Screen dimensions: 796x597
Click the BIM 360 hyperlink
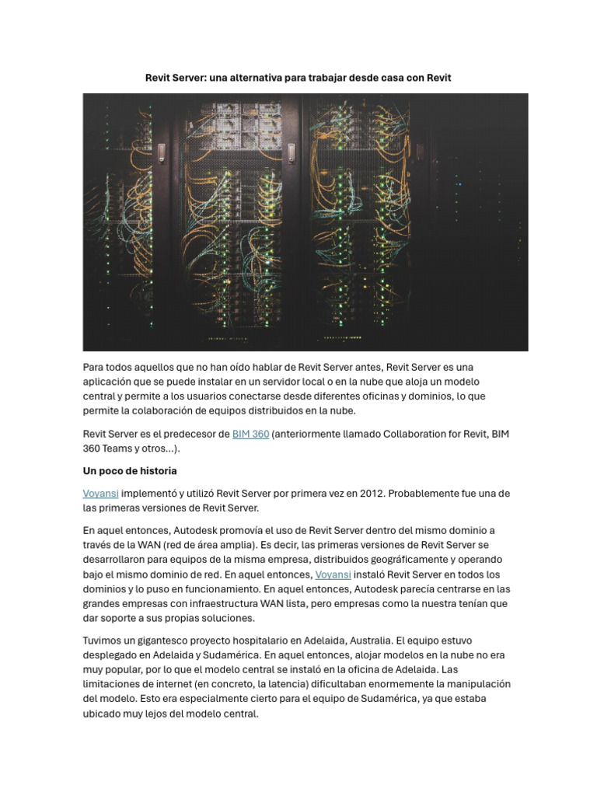(x=250, y=434)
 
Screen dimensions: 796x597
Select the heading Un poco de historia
(x=130, y=471)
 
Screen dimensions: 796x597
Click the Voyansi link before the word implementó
(x=100, y=494)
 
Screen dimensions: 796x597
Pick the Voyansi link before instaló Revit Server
(x=333, y=574)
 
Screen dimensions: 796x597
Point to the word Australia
(x=368, y=641)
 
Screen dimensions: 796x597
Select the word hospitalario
(x=244, y=641)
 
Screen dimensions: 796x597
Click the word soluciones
(x=225, y=619)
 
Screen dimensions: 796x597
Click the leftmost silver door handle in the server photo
(x=162, y=148)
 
